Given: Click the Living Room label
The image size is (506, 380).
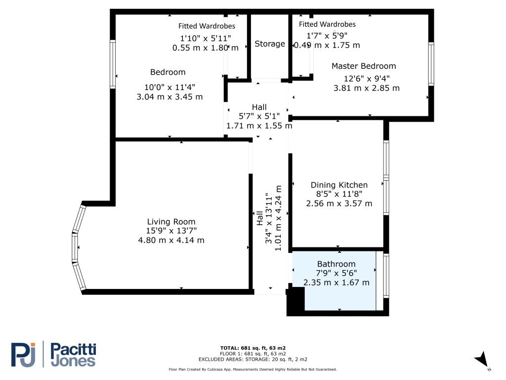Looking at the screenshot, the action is pyautogui.click(x=171, y=222).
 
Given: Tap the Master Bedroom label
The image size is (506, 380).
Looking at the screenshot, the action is pyautogui.click(x=364, y=66).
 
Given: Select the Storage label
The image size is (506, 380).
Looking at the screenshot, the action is pyautogui.click(x=270, y=44).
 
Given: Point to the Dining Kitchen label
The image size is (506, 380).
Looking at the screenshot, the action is pyautogui.click(x=339, y=185).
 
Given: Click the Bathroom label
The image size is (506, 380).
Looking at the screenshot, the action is pyautogui.click(x=336, y=264).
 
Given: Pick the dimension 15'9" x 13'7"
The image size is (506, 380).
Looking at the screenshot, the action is pyautogui.click(x=171, y=231).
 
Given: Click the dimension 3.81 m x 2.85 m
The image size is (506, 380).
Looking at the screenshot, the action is pyautogui.click(x=366, y=88).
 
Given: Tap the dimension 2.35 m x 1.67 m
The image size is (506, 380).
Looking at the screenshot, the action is pyautogui.click(x=336, y=283).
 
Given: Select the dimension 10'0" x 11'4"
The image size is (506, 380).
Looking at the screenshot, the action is pyautogui.click(x=169, y=87).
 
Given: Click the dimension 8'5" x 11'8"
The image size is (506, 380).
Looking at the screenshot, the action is pyautogui.click(x=339, y=194).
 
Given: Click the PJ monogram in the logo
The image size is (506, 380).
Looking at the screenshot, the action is pyautogui.click(x=23, y=355).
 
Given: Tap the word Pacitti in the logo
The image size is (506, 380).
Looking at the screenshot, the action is pyautogui.click(x=74, y=350).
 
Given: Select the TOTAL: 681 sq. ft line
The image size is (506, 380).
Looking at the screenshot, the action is pyautogui.click(x=253, y=348).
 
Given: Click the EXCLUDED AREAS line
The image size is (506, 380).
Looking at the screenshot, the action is pyautogui.click(x=253, y=359).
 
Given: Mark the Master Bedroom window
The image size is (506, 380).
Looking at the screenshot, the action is pyautogui.click(x=431, y=64).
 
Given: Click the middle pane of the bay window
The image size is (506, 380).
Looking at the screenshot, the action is pyautogui.click(x=75, y=247).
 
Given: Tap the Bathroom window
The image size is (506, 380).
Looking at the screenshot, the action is pyautogui.click(x=386, y=276).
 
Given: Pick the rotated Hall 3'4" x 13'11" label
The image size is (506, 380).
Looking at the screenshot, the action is pyautogui.click(x=269, y=218).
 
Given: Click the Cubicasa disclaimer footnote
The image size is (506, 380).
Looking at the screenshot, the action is pyautogui.click(x=253, y=369).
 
